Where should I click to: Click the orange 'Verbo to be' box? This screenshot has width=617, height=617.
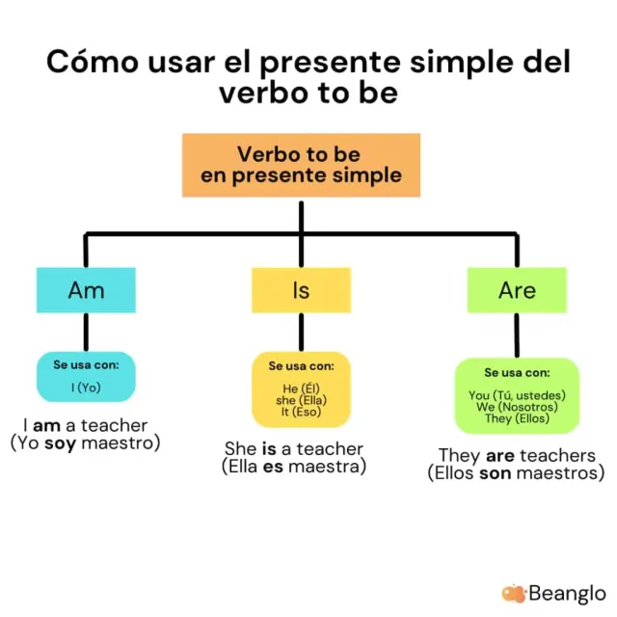[x=301, y=165]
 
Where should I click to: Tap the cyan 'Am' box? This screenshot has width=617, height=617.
[x=86, y=290]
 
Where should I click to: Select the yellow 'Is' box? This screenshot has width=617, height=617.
[x=301, y=290]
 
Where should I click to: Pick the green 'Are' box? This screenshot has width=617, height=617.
[x=517, y=290]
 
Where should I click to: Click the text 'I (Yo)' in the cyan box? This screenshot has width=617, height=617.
[x=86, y=388]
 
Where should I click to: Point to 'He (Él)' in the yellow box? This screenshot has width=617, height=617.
[x=301, y=389]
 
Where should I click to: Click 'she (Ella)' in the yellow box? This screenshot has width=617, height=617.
[x=301, y=400]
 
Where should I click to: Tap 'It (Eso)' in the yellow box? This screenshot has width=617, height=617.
[x=301, y=412]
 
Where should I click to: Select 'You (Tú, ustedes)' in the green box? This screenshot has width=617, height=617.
[x=517, y=395]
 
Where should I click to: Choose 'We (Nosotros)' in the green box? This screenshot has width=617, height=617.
[x=517, y=407]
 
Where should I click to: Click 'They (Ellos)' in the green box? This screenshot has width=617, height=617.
[x=517, y=418]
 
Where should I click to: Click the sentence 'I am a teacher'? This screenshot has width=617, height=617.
[x=86, y=425]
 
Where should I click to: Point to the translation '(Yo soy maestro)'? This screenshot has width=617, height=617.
[x=86, y=443]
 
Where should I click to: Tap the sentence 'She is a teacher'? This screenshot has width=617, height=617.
[x=294, y=448]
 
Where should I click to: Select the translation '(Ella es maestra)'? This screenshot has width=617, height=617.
[x=294, y=467]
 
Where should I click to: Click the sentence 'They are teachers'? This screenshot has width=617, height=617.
[x=517, y=455]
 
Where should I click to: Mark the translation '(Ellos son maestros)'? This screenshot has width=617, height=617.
[x=517, y=473]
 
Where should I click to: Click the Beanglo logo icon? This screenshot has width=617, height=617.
[x=513, y=593]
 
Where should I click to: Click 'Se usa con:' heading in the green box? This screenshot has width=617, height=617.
[x=517, y=372]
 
